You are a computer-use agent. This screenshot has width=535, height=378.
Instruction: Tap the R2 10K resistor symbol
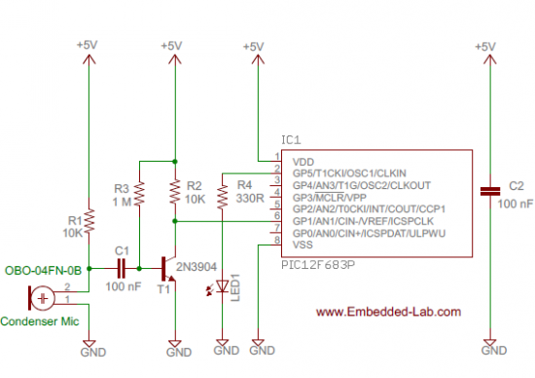click(173, 193)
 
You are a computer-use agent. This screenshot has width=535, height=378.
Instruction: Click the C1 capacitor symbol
click(122, 265)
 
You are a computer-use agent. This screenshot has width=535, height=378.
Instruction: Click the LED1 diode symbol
click(224, 286)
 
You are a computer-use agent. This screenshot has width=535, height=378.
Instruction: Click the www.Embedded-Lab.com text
click(388, 312)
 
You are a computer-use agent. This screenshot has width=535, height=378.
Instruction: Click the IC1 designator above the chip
click(290, 139)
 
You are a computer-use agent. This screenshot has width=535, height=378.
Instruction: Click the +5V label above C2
click(487, 46)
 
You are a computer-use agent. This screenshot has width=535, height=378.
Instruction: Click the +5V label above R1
click(88, 46)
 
